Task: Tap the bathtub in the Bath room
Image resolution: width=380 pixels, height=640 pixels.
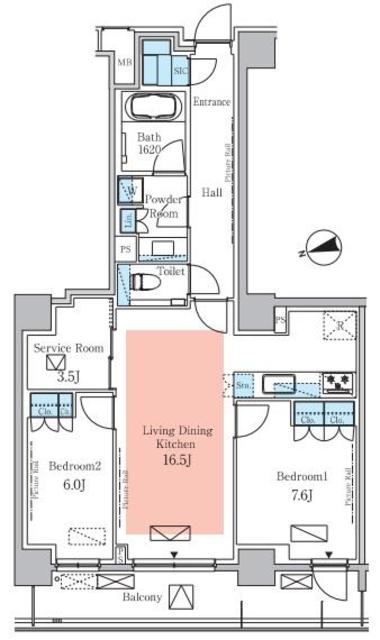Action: click(153, 108)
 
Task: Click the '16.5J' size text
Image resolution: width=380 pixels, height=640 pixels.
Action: click(175, 459)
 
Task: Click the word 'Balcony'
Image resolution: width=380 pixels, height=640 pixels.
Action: click(143, 598)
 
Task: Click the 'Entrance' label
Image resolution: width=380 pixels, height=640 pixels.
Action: click(212, 101)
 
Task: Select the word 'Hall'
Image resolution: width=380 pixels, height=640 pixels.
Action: click(211, 192)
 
